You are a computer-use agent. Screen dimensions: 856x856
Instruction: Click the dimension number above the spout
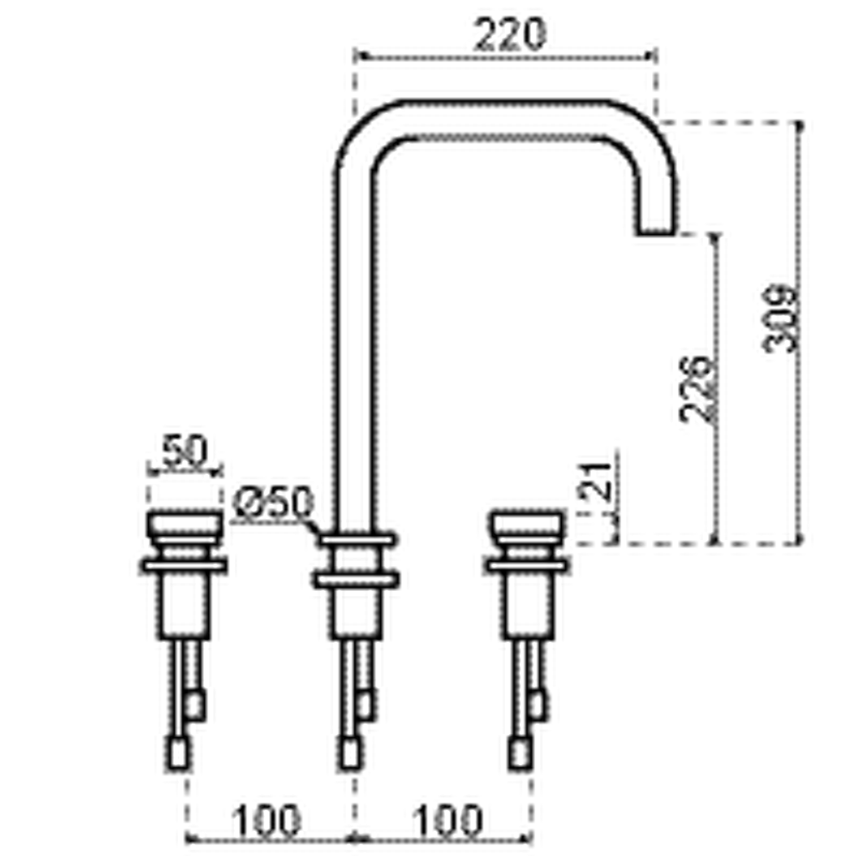pyautogui.click(x=509, y=31)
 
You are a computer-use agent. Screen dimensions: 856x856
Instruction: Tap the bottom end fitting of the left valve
pyautogui.click(x=178, y=752)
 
